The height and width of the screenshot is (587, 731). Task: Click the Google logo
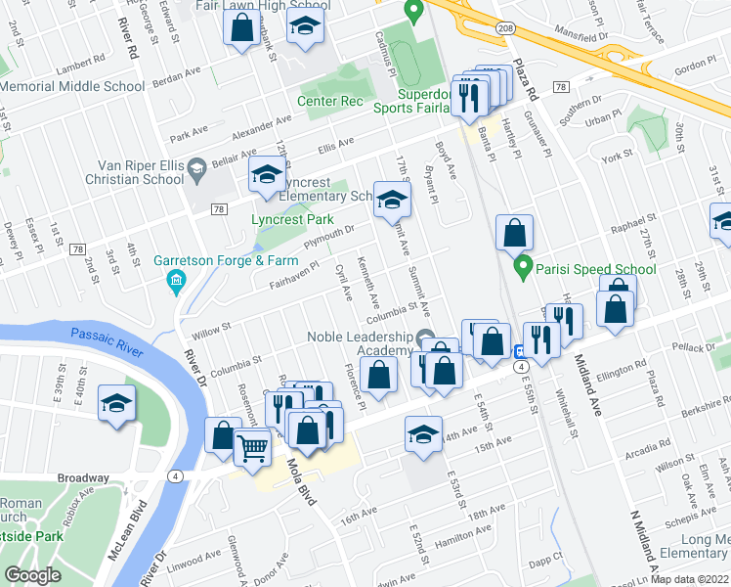(32, 575)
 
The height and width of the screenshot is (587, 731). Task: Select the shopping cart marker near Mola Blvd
(253, 449)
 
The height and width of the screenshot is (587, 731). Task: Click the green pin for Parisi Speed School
(524, 265)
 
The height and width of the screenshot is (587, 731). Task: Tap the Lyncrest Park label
(292, 219)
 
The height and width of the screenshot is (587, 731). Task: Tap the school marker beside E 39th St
(116, 403)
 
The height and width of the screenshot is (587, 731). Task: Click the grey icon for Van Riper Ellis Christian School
(195, 167)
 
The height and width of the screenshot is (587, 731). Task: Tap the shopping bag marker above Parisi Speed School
(514, 234)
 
